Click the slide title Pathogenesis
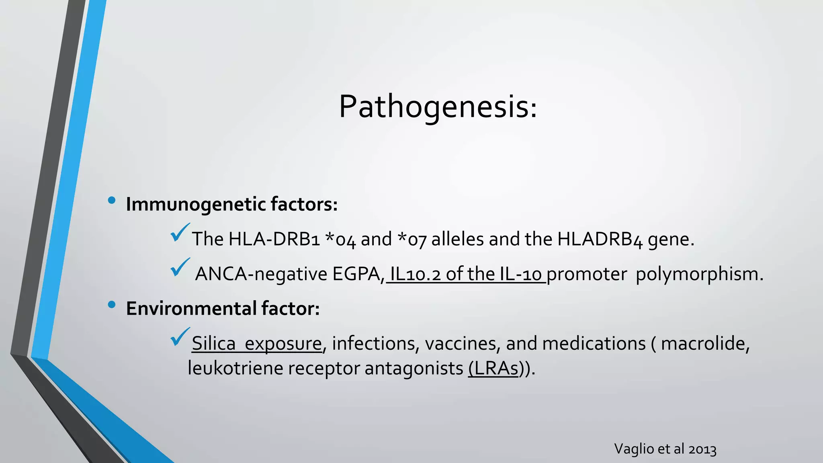[x=438, y=107]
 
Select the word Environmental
[x=191, y=309]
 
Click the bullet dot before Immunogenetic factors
[x=112, y=200]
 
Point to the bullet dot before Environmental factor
[x=112, y=305]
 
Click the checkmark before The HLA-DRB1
[x=180, y=233]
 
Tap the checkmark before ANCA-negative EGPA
[x=180, y=268]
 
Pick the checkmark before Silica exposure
[x=180, y=337]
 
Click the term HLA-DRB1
[x=274, y=239]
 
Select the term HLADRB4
[x=600, y=239]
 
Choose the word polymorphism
[x=699, y=274]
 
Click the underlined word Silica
[x=213, y=344]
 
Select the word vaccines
[x=463, y=344]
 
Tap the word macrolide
[x=705, y=344]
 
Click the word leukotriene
[x=235, y=368]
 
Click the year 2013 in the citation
[x=702, y=449]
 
